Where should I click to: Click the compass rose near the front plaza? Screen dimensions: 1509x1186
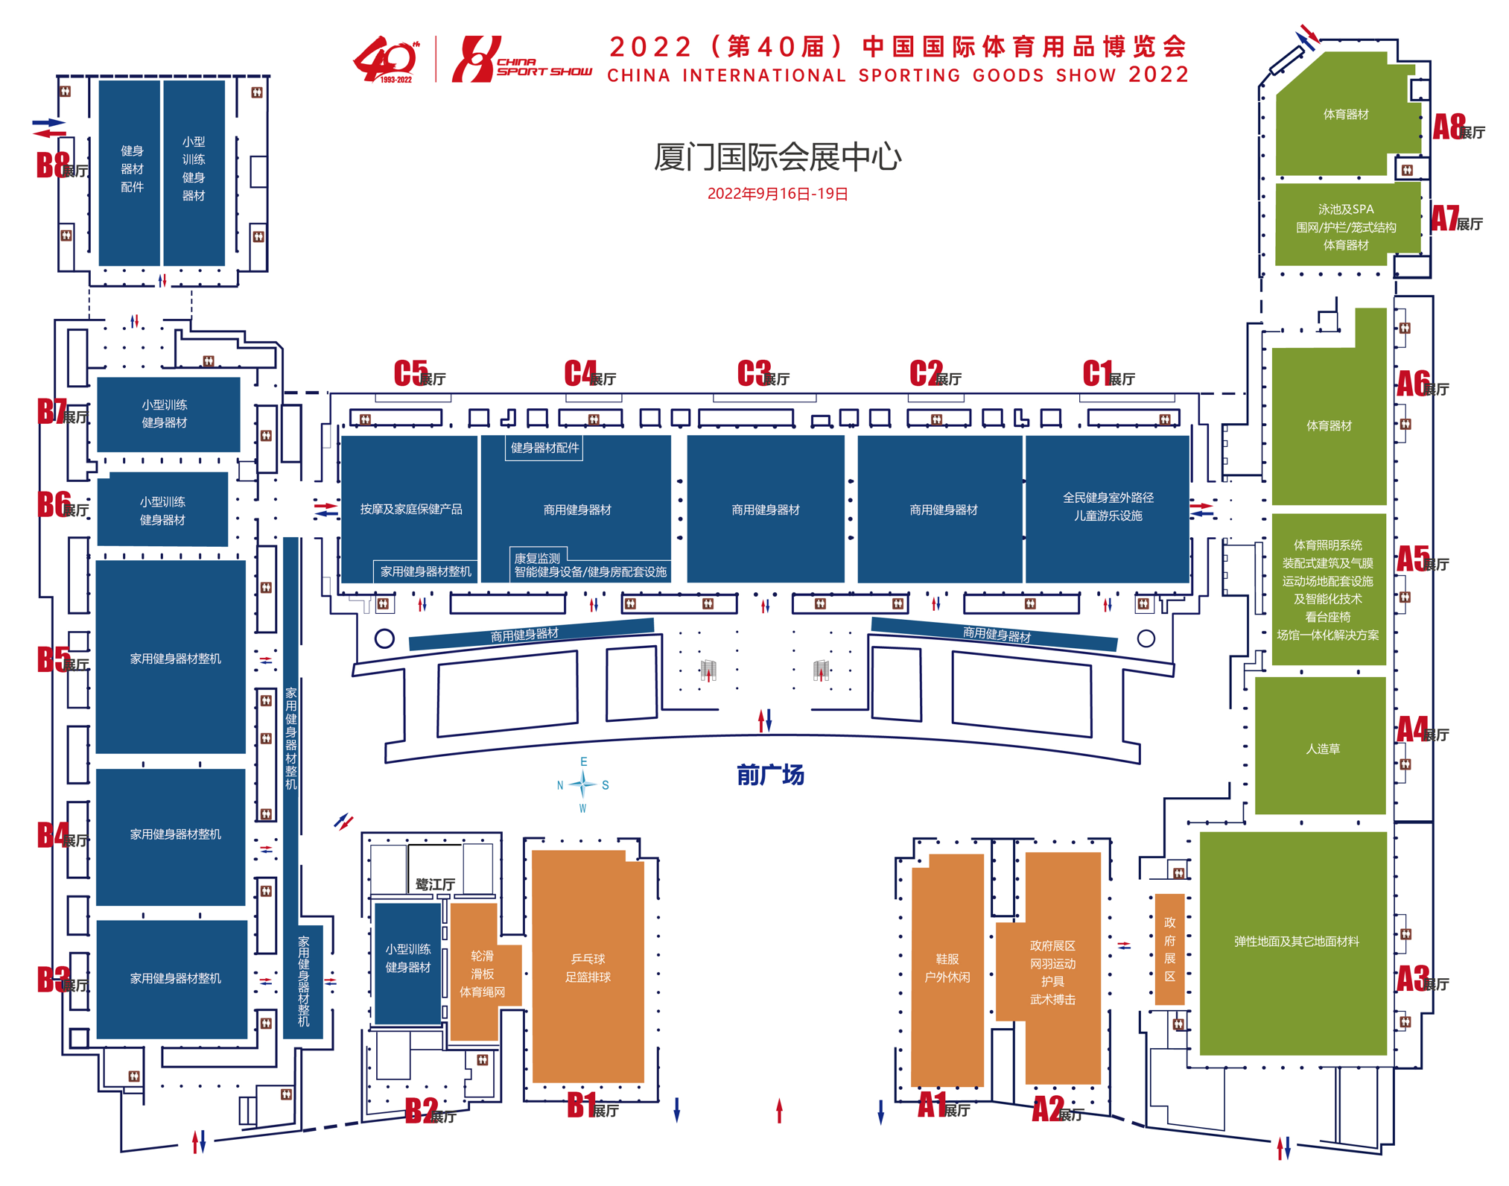pyautogui.click(x=583, y=784)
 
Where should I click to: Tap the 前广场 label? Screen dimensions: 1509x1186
pyautogui.click(x=770, y=775)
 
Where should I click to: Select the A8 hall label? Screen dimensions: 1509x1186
pyautogui.click(x=1458, y=128)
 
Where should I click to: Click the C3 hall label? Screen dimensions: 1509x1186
pyautogui.click(x=763, y=374)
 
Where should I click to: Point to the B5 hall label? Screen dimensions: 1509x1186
pyautogui.click(x=63, y=660)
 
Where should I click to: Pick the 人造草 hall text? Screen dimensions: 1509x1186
pyautogui.click(x=1322, y=749)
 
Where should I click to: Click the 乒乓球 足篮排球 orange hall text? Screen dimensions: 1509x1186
pyautogui.click(x=588, y=968)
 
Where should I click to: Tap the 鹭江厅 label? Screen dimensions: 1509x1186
pyautogui.click(x=435, y=884)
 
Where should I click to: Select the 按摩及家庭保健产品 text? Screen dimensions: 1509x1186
pyautogui.click(x=411, y=510)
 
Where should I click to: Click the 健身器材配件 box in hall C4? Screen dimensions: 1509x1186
pyautogui.click(x=544, y=448)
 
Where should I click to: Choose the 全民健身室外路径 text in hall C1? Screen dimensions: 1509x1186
pyautogui.click(x=1108, y=498)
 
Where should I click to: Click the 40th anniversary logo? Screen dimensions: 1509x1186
pyautogui.click(x=386, y=59)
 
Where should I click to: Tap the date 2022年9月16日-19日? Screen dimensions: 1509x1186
pyautogui.click(x=778, y=194)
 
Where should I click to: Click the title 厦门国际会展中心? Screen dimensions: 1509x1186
pyautogui.click(x=778, y=156)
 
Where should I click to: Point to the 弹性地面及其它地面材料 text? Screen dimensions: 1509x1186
pyautogui.click(x=1296, y=942)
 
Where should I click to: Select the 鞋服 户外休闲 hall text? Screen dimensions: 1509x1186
pyautogui.click(x=947, y=968)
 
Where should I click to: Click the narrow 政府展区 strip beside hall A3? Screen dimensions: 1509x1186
pyautogui.click(x=1169, y=949)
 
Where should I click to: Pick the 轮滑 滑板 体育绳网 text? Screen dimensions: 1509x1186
pyautogui.click(x=482, y=974)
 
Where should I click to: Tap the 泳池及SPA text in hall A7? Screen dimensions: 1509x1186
pyautogui.click(x=1345, y=209)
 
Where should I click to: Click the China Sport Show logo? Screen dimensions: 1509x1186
pyautogui.click(x=522, y=59)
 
